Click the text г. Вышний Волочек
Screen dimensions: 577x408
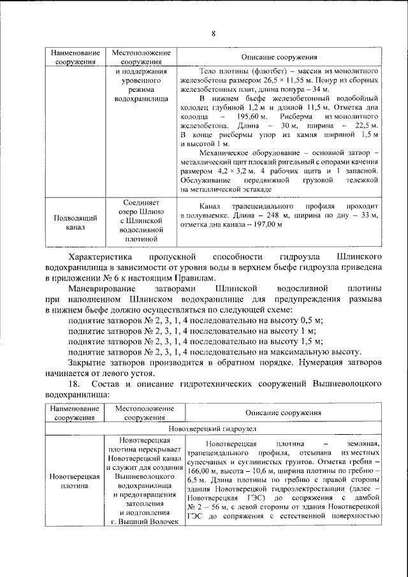[139, 522]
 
